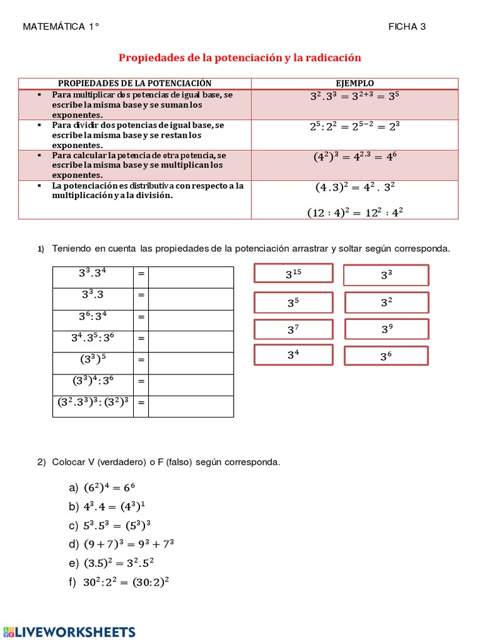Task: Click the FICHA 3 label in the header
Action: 407,26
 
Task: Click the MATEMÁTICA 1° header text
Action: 61,26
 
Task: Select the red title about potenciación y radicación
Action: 240,57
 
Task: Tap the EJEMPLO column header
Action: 355,83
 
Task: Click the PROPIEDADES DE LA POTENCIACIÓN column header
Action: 135,83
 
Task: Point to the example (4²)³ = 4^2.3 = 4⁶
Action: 355,157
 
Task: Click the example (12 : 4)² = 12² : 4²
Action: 355,212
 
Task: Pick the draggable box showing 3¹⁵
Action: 293,274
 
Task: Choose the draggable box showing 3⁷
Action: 293,329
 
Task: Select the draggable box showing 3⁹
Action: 386,329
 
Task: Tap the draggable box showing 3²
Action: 386,302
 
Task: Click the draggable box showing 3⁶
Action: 386,356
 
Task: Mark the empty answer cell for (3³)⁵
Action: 191,360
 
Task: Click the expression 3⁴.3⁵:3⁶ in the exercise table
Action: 92,339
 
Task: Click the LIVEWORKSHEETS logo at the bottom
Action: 69,631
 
